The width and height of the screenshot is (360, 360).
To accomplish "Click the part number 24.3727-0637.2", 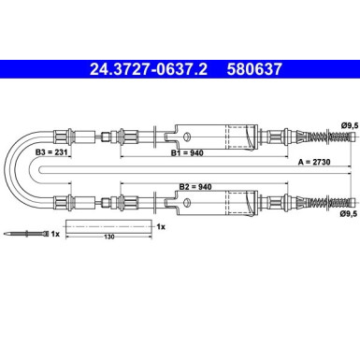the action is pos(149,69).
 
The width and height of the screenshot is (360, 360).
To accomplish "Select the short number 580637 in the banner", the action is pos(254,69).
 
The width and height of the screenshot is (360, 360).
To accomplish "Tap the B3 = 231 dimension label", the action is pos(51,152).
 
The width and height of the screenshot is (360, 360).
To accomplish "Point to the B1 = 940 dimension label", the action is pos(187,152).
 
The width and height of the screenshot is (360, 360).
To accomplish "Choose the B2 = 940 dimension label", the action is pos(195,187).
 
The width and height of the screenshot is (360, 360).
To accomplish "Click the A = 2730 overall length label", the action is pos(314,162).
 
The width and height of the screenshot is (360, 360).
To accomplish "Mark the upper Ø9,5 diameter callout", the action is pos(350,126).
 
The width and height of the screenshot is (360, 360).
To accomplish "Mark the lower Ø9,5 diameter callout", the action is pos(349,213).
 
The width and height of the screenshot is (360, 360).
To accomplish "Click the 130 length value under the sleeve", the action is pos(109,237).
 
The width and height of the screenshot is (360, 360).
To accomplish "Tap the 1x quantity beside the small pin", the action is pos(55,234).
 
